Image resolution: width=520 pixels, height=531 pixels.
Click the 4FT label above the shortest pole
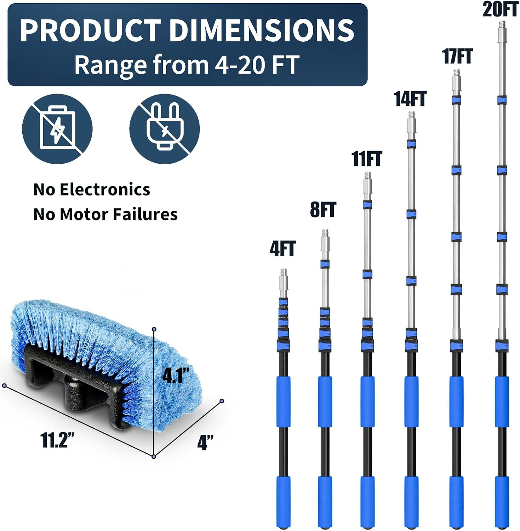(282, 248)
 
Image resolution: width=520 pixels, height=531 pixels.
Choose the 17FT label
(457, 56)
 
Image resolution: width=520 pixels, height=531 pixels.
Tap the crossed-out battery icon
(57, 129)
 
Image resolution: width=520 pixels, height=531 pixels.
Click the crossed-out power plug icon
(165, 129)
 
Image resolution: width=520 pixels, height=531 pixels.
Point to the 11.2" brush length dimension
(58, 440)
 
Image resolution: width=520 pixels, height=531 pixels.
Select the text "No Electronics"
(92, 189)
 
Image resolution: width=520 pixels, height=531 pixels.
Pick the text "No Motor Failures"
(105, 214)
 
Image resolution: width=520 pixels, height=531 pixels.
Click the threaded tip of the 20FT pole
(501, 24)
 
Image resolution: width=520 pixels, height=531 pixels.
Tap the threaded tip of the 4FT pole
(284, 272)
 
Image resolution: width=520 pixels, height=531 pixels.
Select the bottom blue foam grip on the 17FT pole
(457, 502)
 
